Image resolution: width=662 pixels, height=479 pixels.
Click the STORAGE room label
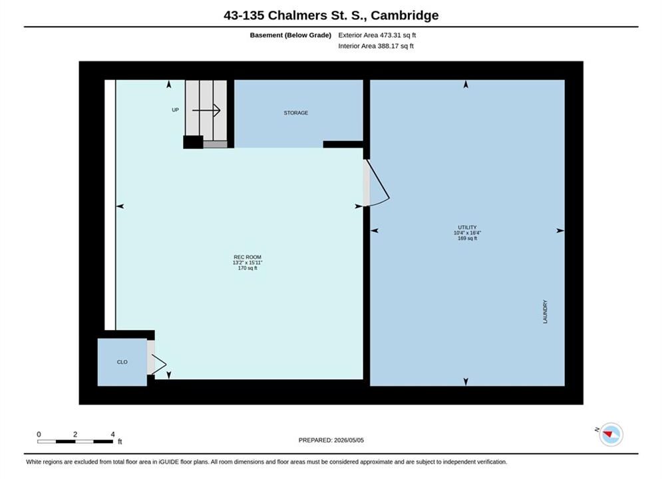point(295,112)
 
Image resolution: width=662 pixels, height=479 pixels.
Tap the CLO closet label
point(122,362)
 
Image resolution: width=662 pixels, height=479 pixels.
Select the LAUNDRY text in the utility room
point(545,312)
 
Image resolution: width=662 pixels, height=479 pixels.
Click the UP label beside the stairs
point(175,110)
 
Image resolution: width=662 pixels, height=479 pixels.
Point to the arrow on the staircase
point(206,110)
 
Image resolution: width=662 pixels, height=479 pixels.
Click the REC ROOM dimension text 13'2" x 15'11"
point(248,263)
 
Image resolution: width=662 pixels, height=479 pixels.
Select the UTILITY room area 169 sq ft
point(467,238)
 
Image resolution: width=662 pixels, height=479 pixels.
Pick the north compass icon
point(611,434)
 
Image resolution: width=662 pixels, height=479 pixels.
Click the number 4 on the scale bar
point(112,434)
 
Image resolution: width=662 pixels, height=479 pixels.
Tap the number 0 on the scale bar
point(39,434)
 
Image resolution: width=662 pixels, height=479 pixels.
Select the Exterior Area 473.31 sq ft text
point(377,35)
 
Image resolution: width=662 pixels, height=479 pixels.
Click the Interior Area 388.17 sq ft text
point(376,46)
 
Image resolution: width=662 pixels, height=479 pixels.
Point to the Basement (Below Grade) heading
point(291,35)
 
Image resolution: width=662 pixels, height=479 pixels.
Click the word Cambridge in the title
point(405,15)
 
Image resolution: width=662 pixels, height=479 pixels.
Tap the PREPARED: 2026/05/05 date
point(331,440)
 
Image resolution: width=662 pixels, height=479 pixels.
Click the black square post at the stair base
point(193,142)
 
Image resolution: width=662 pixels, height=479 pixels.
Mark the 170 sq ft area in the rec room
point(248,268)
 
